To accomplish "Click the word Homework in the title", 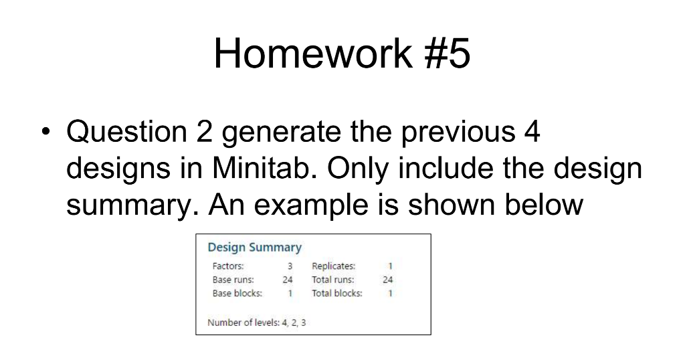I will point(313,54).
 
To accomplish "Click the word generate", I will point(281,133).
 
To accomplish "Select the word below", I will point(545,203).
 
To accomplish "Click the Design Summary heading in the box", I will point(254,248).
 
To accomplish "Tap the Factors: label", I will point(228,266).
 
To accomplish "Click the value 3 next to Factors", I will point(290,266).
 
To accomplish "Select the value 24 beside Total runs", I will point(388,280).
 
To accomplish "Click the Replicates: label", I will point(334,266).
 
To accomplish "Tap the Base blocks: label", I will point(237,293).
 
